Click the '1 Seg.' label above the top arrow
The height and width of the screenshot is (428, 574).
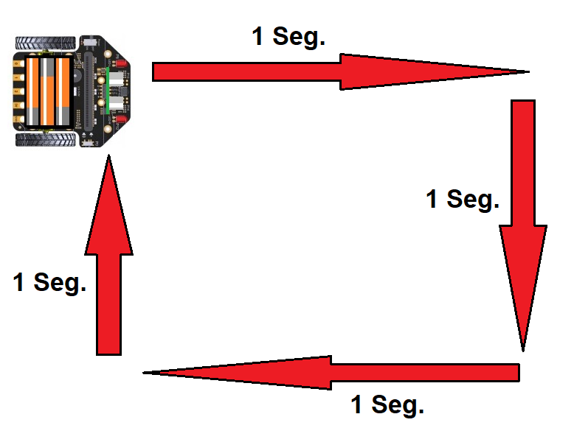point(288,36)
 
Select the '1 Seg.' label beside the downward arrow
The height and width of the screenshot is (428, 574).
point(463,198)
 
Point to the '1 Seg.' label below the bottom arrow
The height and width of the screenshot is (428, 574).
point(387,404)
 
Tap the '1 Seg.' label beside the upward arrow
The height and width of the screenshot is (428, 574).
point(49,281)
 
